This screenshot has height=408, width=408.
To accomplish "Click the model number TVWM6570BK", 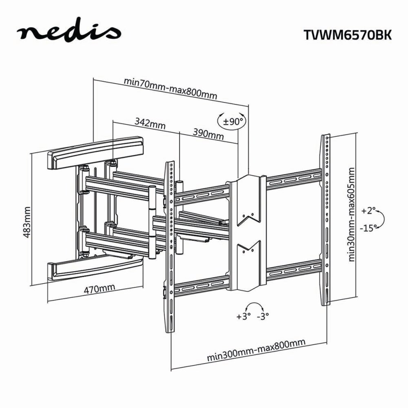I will click(347, 35).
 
